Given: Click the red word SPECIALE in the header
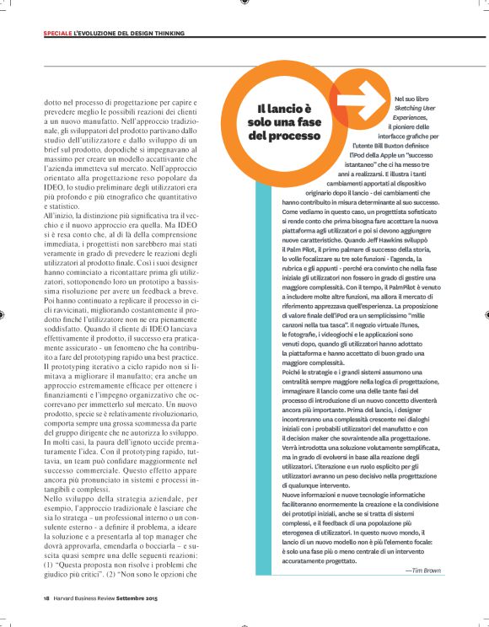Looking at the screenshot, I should (57, 34).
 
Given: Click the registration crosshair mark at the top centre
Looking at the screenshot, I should (244, 4).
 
